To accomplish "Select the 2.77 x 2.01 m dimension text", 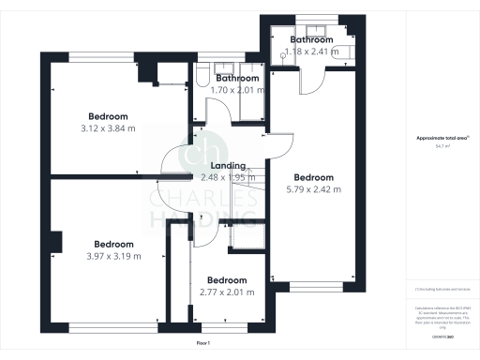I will (227, 292).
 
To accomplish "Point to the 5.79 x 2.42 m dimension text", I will (313, 189).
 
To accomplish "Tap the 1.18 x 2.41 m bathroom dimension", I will (311, 52).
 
